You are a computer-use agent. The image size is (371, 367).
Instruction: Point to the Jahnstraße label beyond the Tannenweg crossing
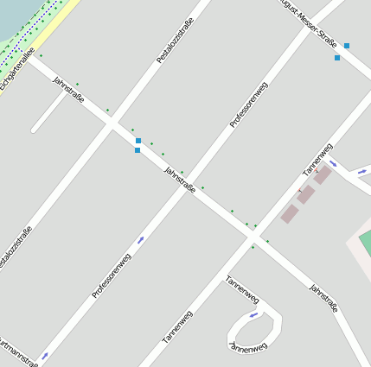pos(323,298)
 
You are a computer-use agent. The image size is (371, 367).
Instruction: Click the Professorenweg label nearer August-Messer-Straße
pos(249,105)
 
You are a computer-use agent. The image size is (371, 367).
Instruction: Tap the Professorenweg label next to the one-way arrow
pos(112,275)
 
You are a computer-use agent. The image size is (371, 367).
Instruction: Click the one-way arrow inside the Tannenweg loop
pos(253,315)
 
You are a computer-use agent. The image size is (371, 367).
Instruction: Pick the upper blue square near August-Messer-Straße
pos(347,46)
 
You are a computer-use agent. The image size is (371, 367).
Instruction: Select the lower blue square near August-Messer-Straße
pos(337,58)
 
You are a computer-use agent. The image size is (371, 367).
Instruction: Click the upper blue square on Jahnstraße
pos(138,141)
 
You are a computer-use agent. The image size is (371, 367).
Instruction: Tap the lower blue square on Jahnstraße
pos(137,150)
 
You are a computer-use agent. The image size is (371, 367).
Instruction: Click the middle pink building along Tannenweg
pos(305,194)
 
